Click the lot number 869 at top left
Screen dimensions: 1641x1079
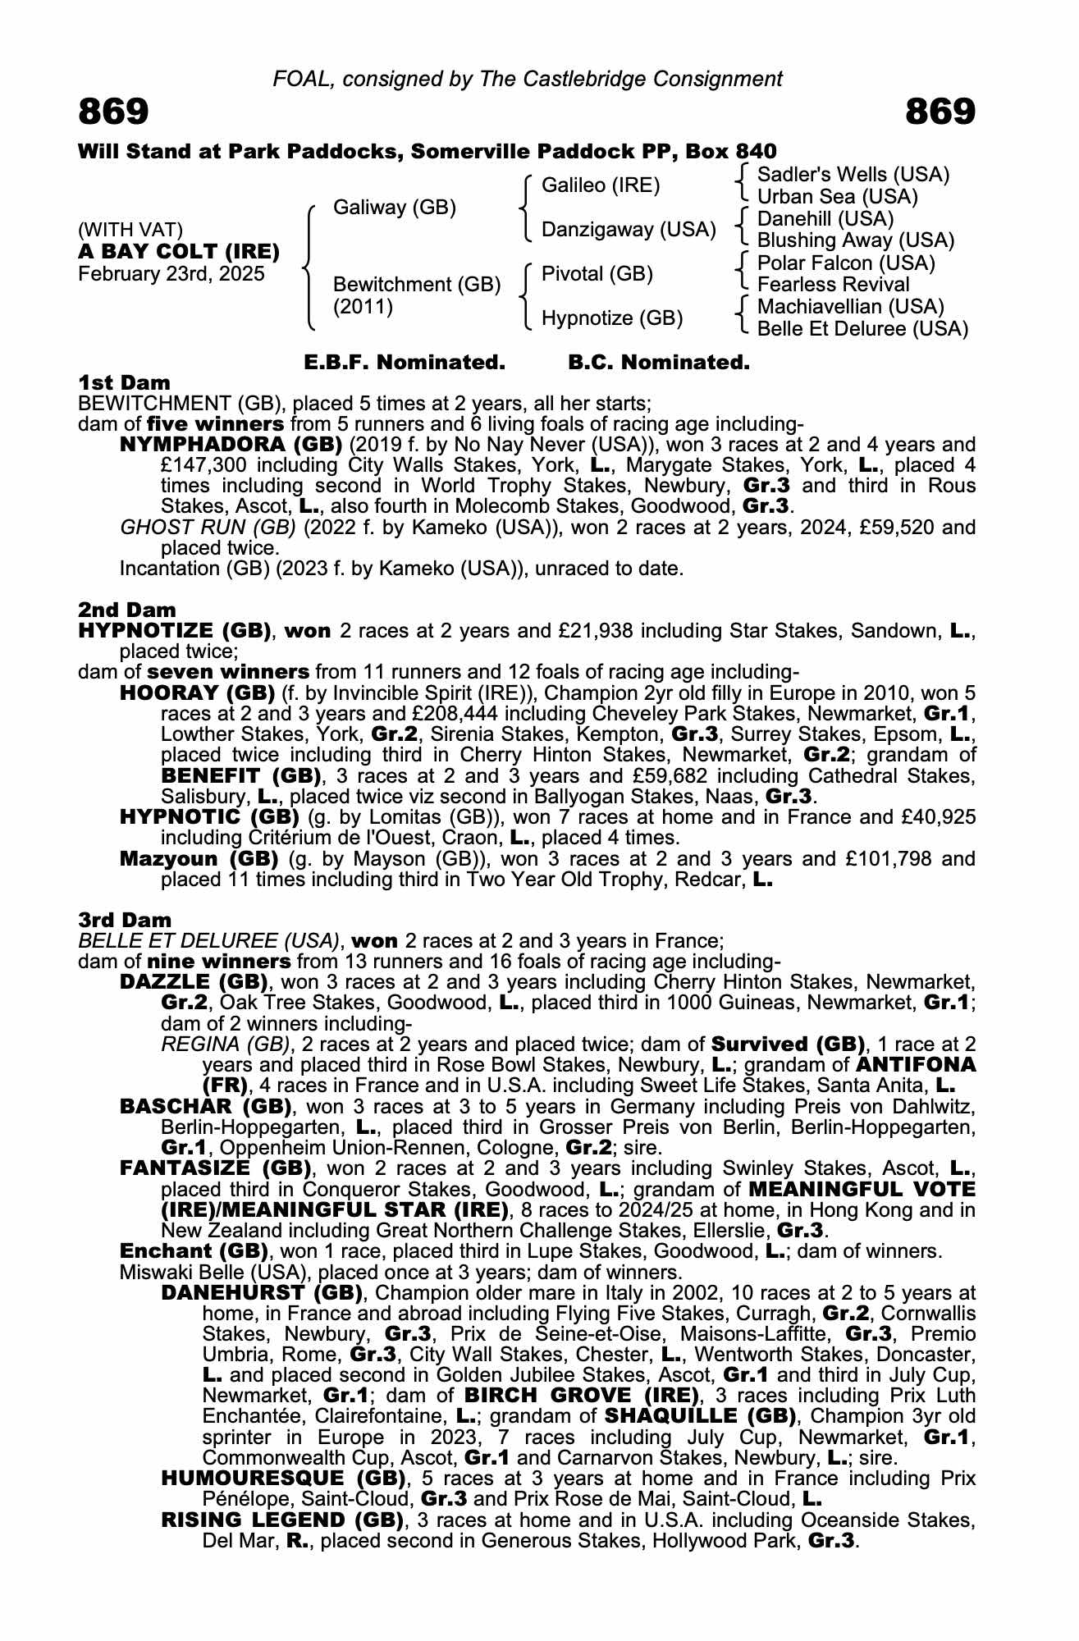[113, 112]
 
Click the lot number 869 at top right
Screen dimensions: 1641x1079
[940, 112]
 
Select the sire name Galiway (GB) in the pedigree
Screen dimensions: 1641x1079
[394, 208]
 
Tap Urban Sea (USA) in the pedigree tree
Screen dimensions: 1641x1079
[837, 197]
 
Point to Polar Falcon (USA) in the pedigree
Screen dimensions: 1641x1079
[846, 263]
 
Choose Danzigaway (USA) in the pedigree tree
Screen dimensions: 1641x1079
[629, 230]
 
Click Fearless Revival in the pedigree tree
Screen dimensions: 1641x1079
[833, 285]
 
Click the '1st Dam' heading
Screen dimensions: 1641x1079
[124, 382]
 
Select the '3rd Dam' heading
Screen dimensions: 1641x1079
[125, 920]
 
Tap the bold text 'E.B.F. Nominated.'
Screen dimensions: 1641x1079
[405, 362]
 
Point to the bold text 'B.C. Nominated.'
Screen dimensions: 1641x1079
[659, 362]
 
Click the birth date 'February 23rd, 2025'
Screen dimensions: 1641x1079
[171, 274]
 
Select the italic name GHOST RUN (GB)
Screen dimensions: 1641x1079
[208, 527]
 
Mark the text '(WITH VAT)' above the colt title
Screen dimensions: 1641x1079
[130, 230]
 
